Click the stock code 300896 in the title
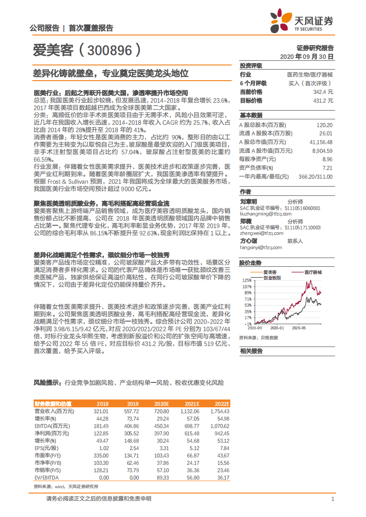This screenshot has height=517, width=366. tap(108, 50)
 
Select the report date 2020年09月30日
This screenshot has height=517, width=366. tap(306, 56)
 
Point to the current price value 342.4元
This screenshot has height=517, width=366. tap(323, 92)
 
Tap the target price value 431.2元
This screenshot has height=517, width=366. tap(323, 100)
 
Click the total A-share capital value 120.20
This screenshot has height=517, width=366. tap(324, 125)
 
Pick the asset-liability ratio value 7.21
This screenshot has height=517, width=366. tap(327, 168)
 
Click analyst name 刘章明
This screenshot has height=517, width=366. tap(248, 201)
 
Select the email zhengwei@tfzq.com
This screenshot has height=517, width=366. tap(260, 234)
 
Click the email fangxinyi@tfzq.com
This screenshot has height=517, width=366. tap(261, 247)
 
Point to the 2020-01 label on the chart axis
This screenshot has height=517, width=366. tap(278, 328)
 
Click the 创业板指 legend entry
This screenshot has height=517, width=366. tap(272, 278)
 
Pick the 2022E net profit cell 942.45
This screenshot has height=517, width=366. tap(220, 433)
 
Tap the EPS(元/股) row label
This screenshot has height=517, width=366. tap(47, 447)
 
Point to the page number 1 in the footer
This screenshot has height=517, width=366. tap(332, 499)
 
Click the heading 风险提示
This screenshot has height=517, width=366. tap(48, 382)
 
